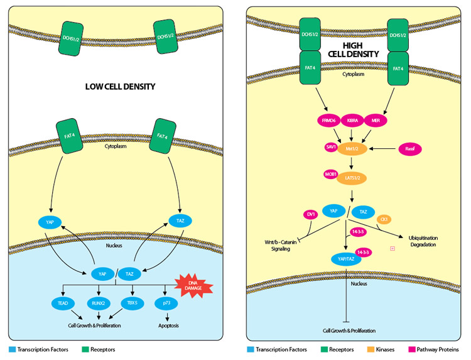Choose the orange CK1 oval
click(384, 218)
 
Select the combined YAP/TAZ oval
click(347, 258)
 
